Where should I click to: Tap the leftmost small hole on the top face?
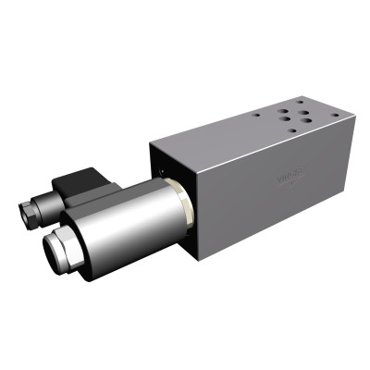tap(258, 116)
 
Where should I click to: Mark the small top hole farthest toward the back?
tap(298, 96)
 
